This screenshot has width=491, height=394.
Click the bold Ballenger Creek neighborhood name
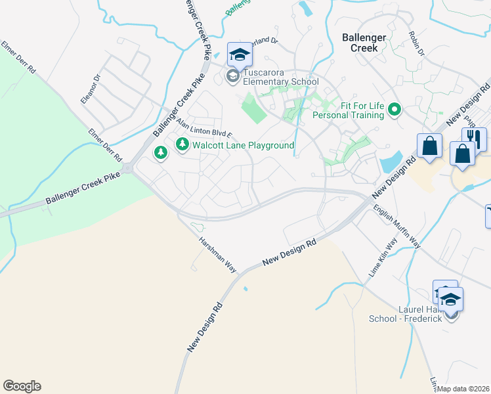[x=363, y=43]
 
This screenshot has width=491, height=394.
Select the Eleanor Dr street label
[x=90, y=89]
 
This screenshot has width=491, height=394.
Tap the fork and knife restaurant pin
[x=474, y=139]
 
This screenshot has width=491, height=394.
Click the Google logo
[x=22, y=386]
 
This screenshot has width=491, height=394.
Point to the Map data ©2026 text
[x=463, y=389]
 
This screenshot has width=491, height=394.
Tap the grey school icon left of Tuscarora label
[x=232, y=77]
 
